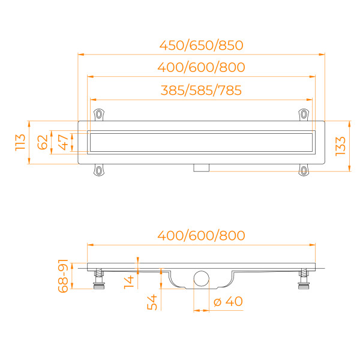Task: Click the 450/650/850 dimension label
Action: [201, 46]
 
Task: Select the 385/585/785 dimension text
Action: [201, 91]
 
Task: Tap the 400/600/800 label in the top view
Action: [201, 68]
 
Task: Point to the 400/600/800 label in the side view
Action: [201, 235]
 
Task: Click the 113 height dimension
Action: [20, 142]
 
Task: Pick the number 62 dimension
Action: [42, 142]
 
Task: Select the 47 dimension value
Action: [62, 142]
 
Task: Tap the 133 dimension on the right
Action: [340, 145]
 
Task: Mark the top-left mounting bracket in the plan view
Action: [99, 113]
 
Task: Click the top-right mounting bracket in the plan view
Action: [304, 113]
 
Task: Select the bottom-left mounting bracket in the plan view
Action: [98, 172]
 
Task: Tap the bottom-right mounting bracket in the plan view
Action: [304, 172]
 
